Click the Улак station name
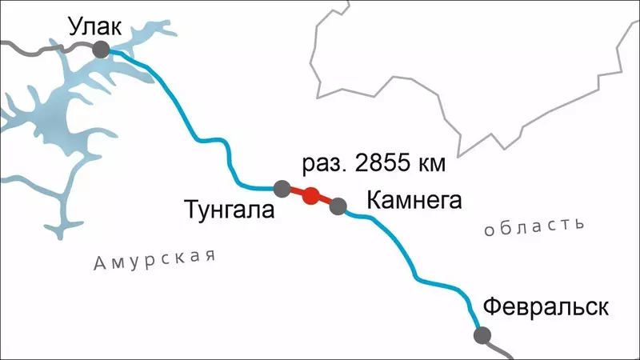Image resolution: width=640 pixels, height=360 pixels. pos(94,26)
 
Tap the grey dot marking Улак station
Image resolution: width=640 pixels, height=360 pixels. pos(102,50)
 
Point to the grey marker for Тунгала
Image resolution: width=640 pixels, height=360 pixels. pos(282,189)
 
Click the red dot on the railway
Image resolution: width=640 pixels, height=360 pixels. pos(311,194)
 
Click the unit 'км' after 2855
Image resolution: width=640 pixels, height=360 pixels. pos(429,166)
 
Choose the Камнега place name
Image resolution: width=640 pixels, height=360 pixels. pos(414,201)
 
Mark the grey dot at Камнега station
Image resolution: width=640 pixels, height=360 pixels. pos(338,206)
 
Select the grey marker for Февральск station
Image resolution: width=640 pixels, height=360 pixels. pos(482,335)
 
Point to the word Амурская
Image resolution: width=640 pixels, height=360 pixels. pos(154,259)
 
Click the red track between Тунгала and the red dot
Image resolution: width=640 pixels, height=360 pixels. pos(296,191)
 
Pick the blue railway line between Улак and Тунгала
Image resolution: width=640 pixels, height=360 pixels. pos(194,127)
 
